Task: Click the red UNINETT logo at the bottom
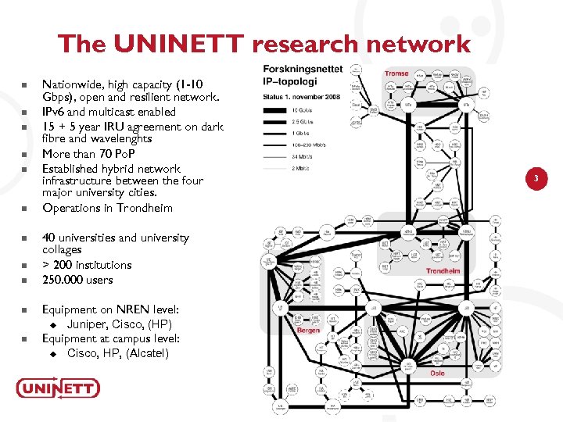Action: click(x=57, y=388)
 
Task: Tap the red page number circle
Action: click(x=536, y=179)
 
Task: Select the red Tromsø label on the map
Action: click(x=396, y=73)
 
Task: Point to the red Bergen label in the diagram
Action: click(x=310, y=331)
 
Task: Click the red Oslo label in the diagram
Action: click(x=437, y=374)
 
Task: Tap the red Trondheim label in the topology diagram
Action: click(x=443, y=271)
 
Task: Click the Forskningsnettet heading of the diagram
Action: click(x=303, y=69)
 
